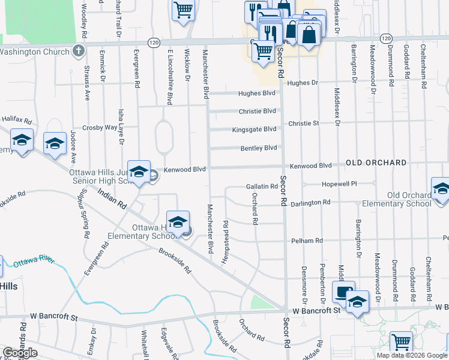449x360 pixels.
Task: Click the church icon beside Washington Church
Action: (78, 52)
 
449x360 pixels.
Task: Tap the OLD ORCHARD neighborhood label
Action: (376, 163)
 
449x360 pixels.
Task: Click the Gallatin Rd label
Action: (262, 187)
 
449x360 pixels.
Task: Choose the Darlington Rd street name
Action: (310, 203)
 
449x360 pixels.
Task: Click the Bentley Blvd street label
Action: (259, 148)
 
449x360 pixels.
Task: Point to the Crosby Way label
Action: (100, 127)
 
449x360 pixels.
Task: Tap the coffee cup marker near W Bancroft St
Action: (343, 292)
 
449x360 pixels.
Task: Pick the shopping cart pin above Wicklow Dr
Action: (184, 10)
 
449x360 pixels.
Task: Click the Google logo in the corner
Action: (20, 353)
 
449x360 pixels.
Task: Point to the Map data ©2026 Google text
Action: (412, 355)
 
